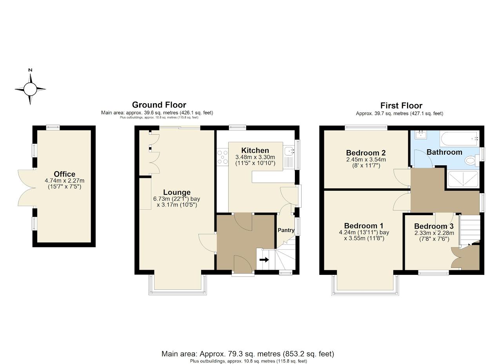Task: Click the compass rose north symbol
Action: click(30, 88)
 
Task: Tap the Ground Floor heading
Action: click(159, 105)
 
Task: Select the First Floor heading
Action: click(401, 106)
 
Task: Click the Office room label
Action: click(65, 174)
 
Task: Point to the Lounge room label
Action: click(177, 192)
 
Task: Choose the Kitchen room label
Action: click(255, 151)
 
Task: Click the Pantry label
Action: click(286, 230)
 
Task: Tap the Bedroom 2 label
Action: click(365, 153)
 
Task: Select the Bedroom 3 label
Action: click(433, 226)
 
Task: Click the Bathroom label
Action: click(444, 152)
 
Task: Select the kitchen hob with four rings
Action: click(222, 157)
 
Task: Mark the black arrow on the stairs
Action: click(264, 260)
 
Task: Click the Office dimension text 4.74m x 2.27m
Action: click(65, 181)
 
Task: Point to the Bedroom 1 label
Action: click(364, 226)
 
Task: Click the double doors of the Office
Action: click(26, 188)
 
